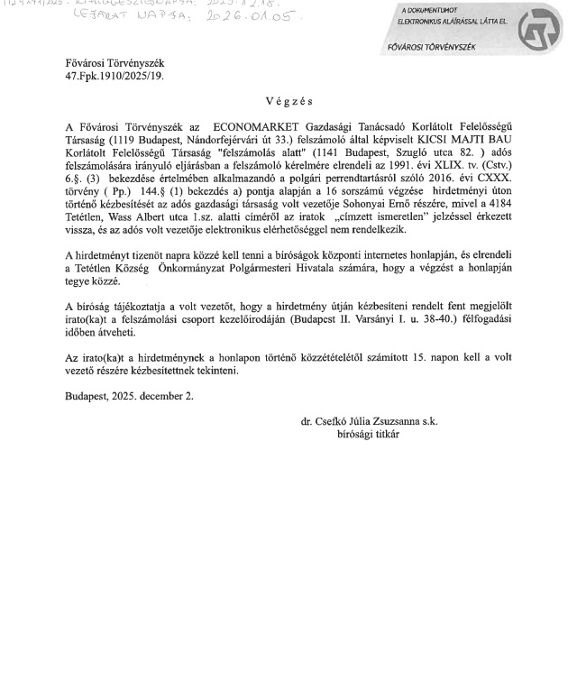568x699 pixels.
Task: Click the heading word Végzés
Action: point(289,105)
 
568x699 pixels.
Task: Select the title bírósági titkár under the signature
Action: point(368,434)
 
